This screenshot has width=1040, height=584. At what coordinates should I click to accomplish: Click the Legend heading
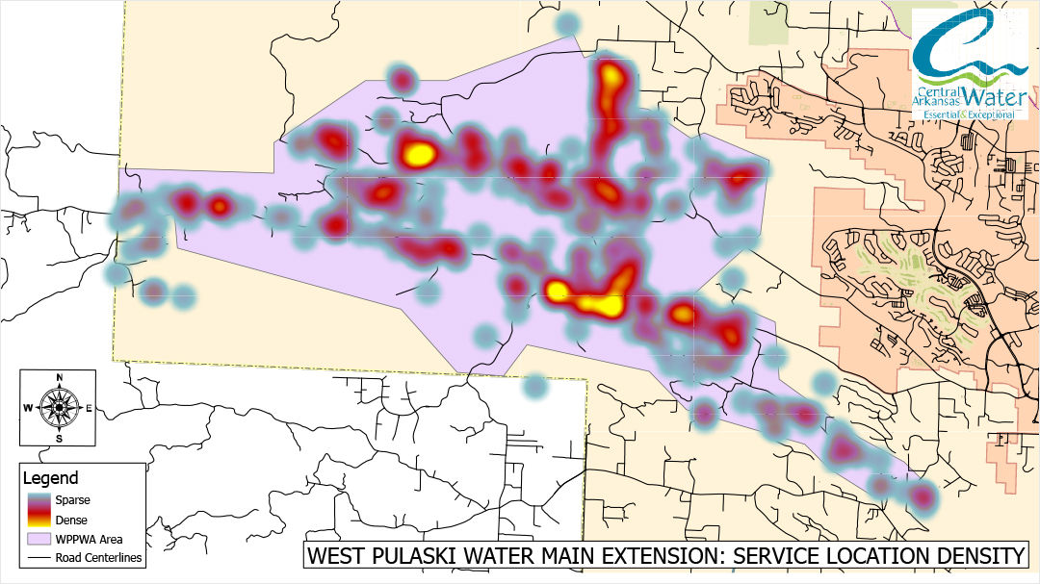tap(51, 478)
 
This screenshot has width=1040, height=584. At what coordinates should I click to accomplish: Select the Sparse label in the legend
tap(74, 499)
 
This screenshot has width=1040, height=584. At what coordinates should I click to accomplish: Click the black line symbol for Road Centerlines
tap(39, 557)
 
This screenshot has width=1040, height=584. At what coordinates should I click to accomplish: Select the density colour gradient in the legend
tap(39, 510)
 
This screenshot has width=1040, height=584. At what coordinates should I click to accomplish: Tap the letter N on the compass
tap(60, 377)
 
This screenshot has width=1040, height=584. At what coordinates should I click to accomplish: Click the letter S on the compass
tap(60, 439)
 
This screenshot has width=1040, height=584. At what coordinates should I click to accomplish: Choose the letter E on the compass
tap(90, 408)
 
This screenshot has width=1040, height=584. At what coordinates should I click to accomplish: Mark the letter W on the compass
tap(28, 408)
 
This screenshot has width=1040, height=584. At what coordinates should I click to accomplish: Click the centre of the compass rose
tap(59, 408)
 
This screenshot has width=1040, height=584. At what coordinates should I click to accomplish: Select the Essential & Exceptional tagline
tap(969, 114)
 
